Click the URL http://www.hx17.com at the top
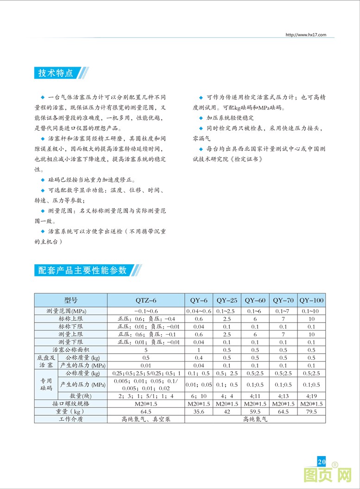pos(306,35)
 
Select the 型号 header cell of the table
pos(70,300)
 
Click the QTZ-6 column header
pos(145,300)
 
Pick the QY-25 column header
pos(227,300)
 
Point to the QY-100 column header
pos(311,300)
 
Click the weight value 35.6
pos(199,412)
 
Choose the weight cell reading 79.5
pos(311,412)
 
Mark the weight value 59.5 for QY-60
pos(255,412)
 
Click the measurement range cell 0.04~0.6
pos(199,311)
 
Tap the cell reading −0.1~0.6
pos(145,311)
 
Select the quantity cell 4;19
pos(311,396)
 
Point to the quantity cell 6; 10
pos(199,396)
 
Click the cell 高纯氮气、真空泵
pos(145,419)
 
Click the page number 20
pos(322,462)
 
